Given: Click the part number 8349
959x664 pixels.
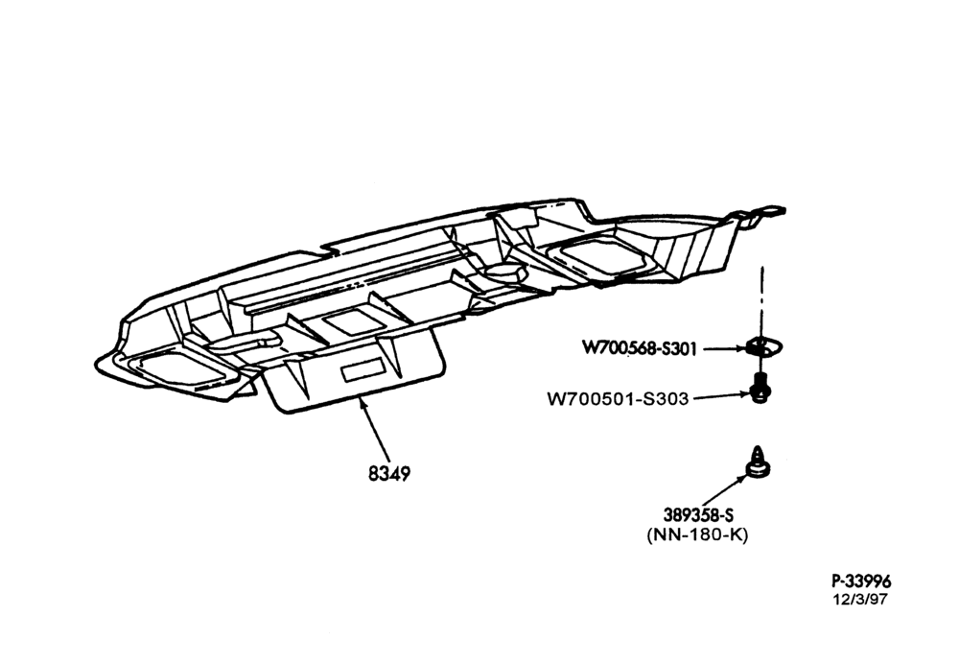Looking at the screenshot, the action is point(389,473).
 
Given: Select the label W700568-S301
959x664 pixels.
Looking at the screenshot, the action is point(639,348).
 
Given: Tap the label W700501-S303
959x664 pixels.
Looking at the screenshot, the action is point(618,399).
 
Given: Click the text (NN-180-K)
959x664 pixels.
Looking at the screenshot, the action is point(698,534).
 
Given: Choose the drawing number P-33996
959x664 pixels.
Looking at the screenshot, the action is point(861,581).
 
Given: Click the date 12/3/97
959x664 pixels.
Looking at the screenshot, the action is point(860,599).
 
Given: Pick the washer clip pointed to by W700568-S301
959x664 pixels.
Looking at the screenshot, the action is point(764,347).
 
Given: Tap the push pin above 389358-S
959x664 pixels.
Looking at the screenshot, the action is point(758,462).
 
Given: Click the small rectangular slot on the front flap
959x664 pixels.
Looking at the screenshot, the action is point(363,371).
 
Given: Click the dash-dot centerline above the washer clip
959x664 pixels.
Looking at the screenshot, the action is point(762,301).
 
